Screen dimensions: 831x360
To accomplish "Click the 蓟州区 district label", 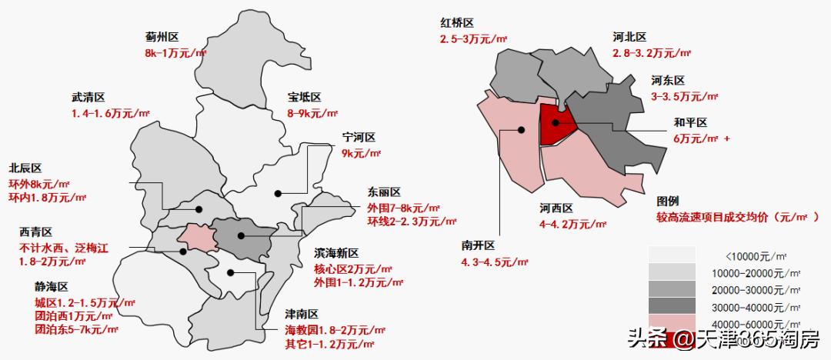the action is [162, 36].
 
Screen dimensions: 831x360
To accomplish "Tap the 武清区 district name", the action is [87, 98].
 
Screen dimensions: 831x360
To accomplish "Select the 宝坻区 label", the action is [304, 98].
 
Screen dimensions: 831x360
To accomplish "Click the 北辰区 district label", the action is [25, 168].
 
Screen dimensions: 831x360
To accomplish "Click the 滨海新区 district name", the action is [336, 253].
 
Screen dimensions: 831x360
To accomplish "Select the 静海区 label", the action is [52, 286].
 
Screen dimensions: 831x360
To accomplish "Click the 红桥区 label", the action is [456, 23].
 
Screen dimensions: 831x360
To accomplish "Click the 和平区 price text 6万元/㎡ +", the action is [702, 138].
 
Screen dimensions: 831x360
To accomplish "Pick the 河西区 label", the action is [556, 208].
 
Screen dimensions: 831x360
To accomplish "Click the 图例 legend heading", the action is [668, 200].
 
